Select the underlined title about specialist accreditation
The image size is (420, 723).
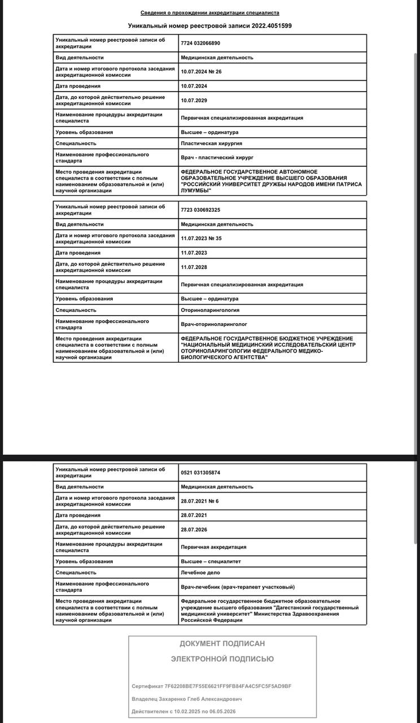click(209, 12)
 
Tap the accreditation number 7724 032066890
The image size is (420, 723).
click(200, 43)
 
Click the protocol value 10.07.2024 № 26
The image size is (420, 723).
click(202, 72)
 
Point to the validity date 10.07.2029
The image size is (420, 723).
click(194, 101)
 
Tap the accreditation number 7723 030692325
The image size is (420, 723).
click(200, 210)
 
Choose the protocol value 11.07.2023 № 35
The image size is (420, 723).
click(202, 238)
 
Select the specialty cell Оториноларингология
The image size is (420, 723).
click(210, 310)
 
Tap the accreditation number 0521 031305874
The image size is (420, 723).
click(200, 472)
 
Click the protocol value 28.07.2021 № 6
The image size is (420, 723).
click(200, 501)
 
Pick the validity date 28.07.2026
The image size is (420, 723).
click(194, 530)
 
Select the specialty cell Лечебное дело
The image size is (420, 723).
click(200, 573)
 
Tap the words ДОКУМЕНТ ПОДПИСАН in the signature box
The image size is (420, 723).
click(222, 643)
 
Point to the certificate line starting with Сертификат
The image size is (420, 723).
click(212, 686)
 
